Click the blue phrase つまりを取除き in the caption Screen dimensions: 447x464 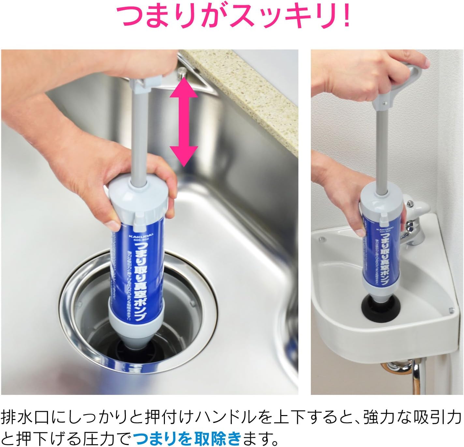point(187,437)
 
